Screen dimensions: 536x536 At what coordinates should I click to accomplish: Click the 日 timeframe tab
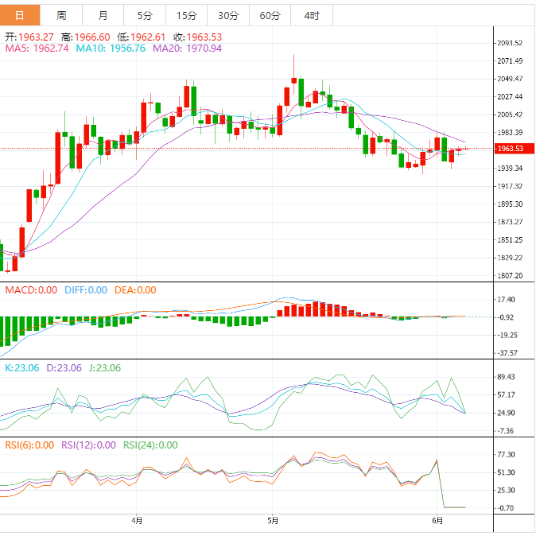click(19, 15)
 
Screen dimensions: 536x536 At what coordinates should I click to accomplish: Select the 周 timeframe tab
click(61, 15)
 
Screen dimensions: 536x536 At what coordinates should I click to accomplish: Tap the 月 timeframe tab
click(103, 15)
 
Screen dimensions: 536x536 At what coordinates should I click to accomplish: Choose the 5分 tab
click(145, 15)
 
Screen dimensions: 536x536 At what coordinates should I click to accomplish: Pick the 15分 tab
click(186, 15)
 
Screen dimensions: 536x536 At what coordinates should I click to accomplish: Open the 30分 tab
click(227, 15)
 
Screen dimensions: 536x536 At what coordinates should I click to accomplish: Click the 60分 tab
click(270, 15)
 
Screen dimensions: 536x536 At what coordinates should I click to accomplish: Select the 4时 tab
click(311, 15)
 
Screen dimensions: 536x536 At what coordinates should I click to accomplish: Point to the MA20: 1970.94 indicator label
click(187, 49)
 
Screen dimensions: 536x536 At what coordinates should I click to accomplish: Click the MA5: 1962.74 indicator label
click(37, 49)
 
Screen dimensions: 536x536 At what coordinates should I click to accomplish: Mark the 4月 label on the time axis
click(138, 521)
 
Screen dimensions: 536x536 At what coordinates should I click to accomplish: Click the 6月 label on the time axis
click(437, 521)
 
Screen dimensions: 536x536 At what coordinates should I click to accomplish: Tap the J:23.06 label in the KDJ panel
click(106, 368)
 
